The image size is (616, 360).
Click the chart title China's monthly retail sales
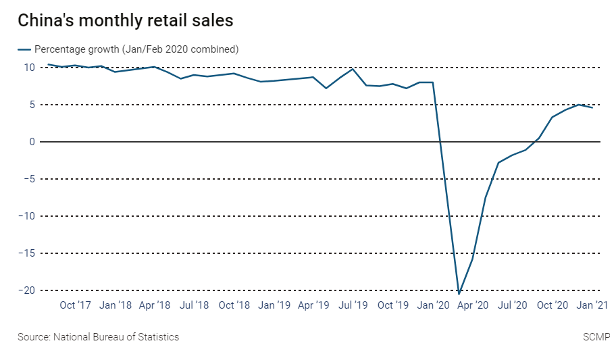[x=126, y=21]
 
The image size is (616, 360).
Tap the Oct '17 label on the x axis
[x=76, y=305]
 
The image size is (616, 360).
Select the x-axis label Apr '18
[x=155, y=305]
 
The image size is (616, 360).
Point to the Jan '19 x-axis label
[x=275, y=305]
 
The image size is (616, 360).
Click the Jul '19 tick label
[x=353, y=305]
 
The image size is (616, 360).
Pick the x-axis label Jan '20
[x=433, y=305]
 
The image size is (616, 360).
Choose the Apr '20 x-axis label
[x=472, y=305]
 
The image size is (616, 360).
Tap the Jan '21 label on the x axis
[x=592, y=305]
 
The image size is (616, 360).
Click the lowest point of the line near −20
[x=459, y=293]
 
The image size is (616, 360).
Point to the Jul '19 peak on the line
[x=353, y=69]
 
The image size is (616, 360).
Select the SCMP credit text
[x=596, y=337]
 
